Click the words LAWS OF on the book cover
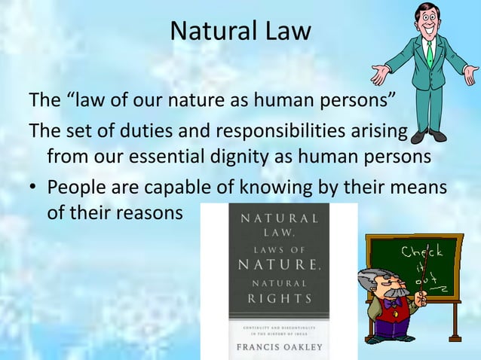[x=279, y=247]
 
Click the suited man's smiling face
[x=427, y=23]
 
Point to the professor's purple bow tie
[x=390, y=304]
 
